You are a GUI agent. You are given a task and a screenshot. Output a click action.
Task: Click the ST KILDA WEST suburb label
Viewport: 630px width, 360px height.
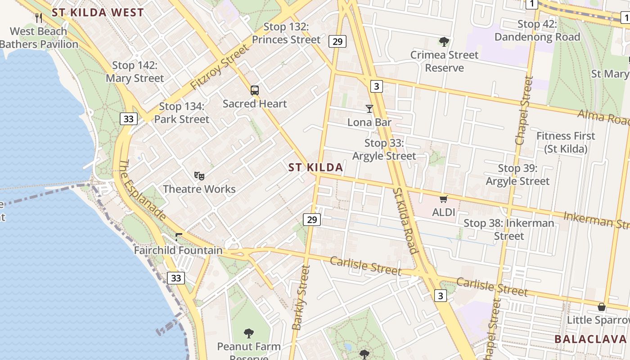(98, 12)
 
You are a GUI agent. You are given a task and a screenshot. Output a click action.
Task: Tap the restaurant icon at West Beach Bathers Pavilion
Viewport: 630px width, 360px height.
(39, 18)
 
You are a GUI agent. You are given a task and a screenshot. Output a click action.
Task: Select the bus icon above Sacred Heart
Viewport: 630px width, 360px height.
(255, 90)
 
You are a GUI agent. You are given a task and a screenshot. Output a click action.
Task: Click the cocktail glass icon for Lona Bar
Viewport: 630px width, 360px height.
(369, 109)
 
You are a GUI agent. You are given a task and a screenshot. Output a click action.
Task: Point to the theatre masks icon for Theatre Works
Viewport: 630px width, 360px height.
(199, 176)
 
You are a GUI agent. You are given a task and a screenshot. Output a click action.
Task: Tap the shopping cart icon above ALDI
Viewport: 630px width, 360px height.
(444, 199)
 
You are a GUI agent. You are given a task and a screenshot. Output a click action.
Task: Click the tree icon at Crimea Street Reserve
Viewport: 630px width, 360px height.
(444, 42)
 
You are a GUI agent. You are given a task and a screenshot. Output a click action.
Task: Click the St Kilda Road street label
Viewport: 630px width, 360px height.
(405, 220)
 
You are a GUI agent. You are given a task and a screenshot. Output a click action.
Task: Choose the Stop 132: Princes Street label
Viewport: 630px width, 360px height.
(286, 33)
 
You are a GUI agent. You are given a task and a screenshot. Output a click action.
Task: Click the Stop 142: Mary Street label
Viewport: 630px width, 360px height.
(135, 72)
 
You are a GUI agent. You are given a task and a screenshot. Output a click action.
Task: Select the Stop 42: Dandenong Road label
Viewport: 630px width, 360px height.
(537, 31)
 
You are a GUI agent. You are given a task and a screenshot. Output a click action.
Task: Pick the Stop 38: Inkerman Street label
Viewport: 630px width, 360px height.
(509, 229)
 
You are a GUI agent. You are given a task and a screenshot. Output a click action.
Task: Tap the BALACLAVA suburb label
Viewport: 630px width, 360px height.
(590, 339)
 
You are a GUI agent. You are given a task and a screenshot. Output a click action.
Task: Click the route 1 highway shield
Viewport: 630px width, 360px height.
(532, 4)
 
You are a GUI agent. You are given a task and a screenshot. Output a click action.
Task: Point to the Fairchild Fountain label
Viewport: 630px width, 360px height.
(178, 250)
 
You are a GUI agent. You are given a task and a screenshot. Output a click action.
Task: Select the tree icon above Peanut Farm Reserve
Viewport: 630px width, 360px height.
(249, 333)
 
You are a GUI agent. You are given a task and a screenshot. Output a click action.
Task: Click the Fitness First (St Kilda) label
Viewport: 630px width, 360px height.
(566, 142)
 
